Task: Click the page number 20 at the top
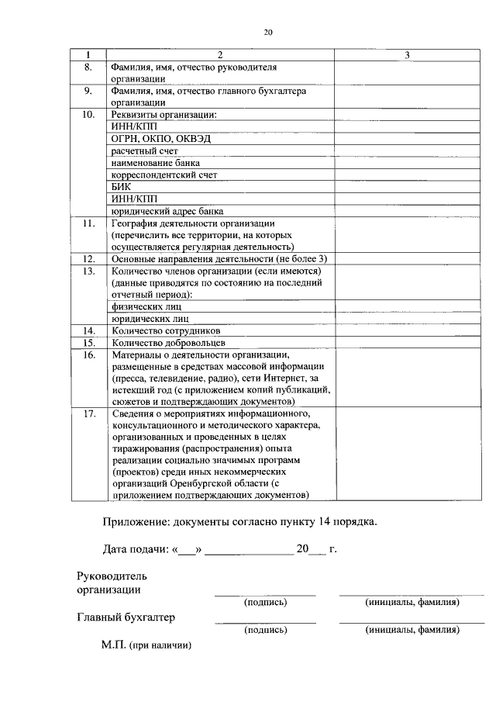point(267,32)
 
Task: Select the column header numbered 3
point(407,55)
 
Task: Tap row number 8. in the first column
point(88,67)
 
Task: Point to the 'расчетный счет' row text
point(145,150)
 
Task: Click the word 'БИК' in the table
point(121,187)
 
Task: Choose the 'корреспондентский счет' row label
point(164,175)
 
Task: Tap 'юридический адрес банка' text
point(167,211)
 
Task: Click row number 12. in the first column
point(88,258)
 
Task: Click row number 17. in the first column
point(88,413)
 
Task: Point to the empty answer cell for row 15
point(407,342)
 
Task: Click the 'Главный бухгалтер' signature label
point(126,617)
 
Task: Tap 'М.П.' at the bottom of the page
point(113,645)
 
